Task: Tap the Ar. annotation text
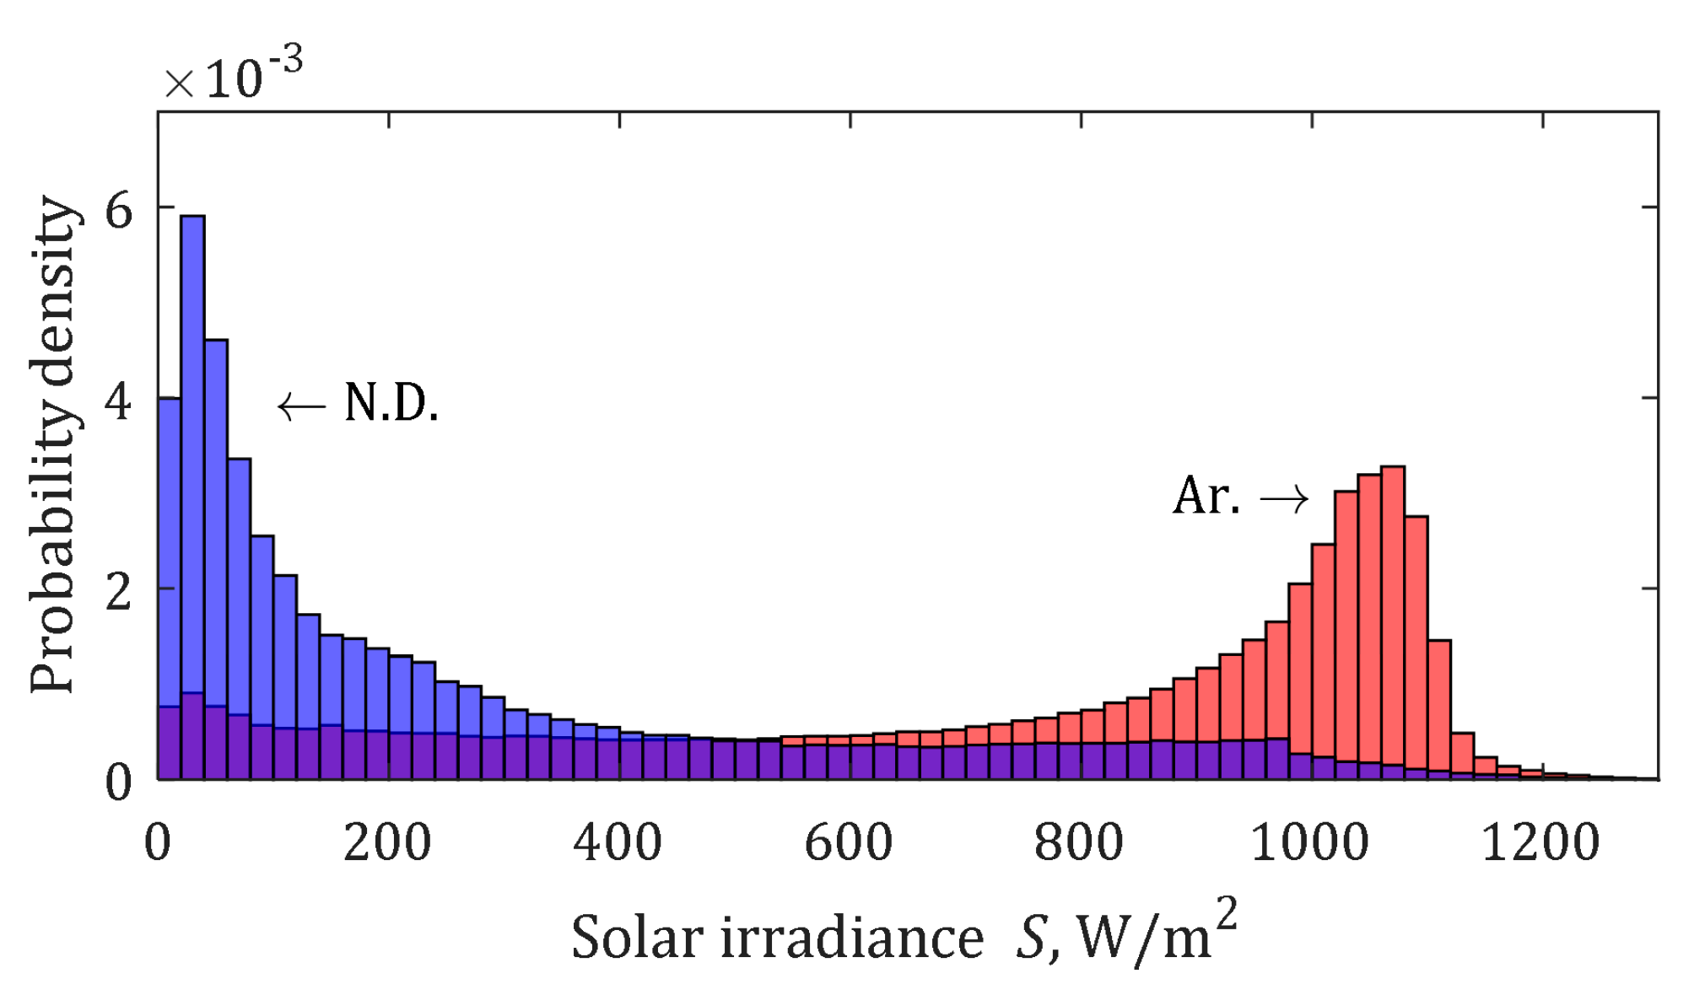click(x=1206, y=496)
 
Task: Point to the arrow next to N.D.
click(x=302, y=406)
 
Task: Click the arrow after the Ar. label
click(x=1284, y=499)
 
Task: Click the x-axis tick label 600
click(x=848, y=842)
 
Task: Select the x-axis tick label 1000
click(x=1309, y=842)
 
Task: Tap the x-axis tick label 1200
click(x=1540, y=842)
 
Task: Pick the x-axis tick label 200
click(x=387, y=842)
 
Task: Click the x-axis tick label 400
click(x=618, y=842)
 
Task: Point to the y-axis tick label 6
click(x=118, y=209)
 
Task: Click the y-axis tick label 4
click(x=118, y=401)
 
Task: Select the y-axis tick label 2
click(x=118, y=592)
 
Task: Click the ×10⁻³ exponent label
click(x=233, y=78)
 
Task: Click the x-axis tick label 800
click(x=1079, y=842)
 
